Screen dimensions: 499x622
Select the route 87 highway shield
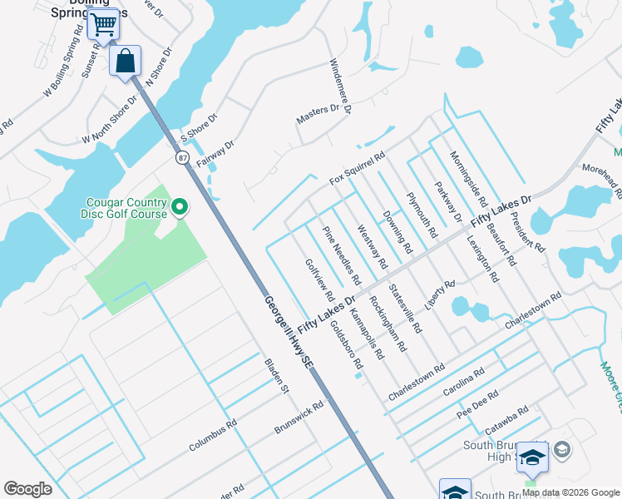tap(181, 157)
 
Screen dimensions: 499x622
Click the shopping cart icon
tap(103, 23)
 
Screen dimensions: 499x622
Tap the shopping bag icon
tap(125, 61)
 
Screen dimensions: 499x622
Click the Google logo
tap(27, 489)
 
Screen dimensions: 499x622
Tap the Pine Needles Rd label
tap(342, 251)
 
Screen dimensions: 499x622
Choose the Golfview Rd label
tap(319, 279)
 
